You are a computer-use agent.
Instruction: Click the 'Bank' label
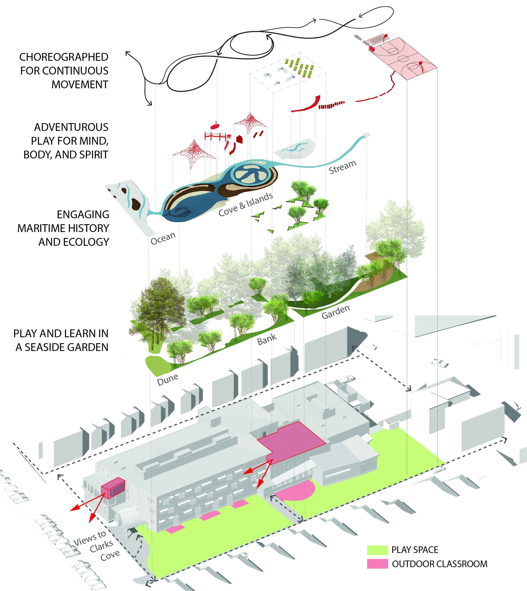pyautogui.click(x=267, y=339)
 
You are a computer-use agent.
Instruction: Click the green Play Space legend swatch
pyautogui.click(x=377, y=550)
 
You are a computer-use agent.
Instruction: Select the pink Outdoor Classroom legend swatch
pyautogui.click(x=377, y=564)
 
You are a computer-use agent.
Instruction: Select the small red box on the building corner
pyautogui.click(x=113, y=488)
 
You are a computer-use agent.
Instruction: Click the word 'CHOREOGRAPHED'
pyautogui.click(x=64, y=57)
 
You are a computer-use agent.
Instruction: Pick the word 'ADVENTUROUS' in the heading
pyautogui.click(x=71, y=127)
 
